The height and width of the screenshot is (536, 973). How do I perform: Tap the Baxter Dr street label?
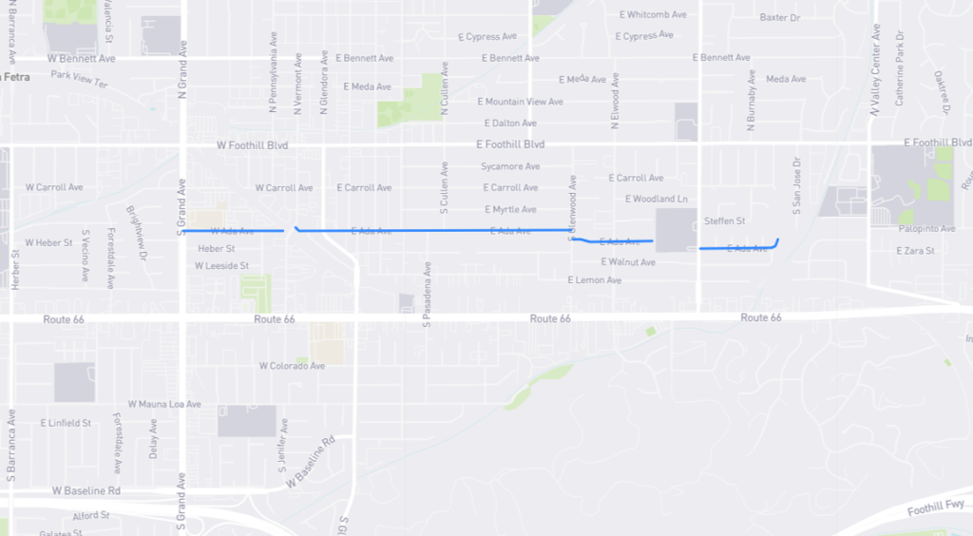[x=780, y=17]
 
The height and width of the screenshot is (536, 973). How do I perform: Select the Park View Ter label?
[x=80, y=79]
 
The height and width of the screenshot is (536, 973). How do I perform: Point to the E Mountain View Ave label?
[x=520, y=102]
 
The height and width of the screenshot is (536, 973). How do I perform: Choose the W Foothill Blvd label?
[x=252, y=145]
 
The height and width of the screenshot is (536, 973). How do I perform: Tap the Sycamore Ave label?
[x=510, y=166]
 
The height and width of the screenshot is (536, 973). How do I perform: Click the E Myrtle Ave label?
[x=510, y=209]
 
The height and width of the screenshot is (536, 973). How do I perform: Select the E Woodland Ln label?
[x=656, y=199]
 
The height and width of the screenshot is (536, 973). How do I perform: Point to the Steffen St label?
[x=725, y=221]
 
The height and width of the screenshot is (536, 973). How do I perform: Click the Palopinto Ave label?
[x=927, y=229]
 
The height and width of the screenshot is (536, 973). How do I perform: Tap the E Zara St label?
[x=916, y=251]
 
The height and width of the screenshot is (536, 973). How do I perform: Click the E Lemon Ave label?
[x=594, y=280]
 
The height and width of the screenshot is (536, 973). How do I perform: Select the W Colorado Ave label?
[x=292, y=366]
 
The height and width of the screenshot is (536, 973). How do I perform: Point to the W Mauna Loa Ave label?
[x=164, y=404]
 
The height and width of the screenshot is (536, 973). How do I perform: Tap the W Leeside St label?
[x=221, y=266]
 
